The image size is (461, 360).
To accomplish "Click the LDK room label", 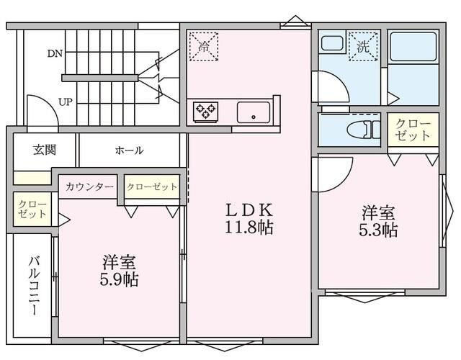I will click(249, 210).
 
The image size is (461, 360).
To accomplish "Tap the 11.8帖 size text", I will click(249, 228).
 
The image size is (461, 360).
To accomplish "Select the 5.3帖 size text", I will click(379, 230).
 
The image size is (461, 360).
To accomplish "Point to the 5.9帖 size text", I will click(120, 279).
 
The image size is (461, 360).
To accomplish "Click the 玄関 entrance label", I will click(44, 150).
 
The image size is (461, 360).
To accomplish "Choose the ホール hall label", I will click(129, 150).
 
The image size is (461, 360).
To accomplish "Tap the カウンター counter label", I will click(89, 187).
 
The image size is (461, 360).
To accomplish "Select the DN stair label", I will click(55, 53).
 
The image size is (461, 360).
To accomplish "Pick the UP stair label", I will click(65, 102).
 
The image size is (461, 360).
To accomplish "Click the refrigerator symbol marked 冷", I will click(203, 46).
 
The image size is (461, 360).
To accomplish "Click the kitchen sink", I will click(254, 112).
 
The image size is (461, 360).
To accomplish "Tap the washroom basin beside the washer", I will click(332, 44).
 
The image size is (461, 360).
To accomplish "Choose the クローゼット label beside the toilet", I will click(412, 130).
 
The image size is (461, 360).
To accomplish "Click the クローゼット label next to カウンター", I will click(152, 187).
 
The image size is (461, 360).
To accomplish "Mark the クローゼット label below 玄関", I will click(32, 210).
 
